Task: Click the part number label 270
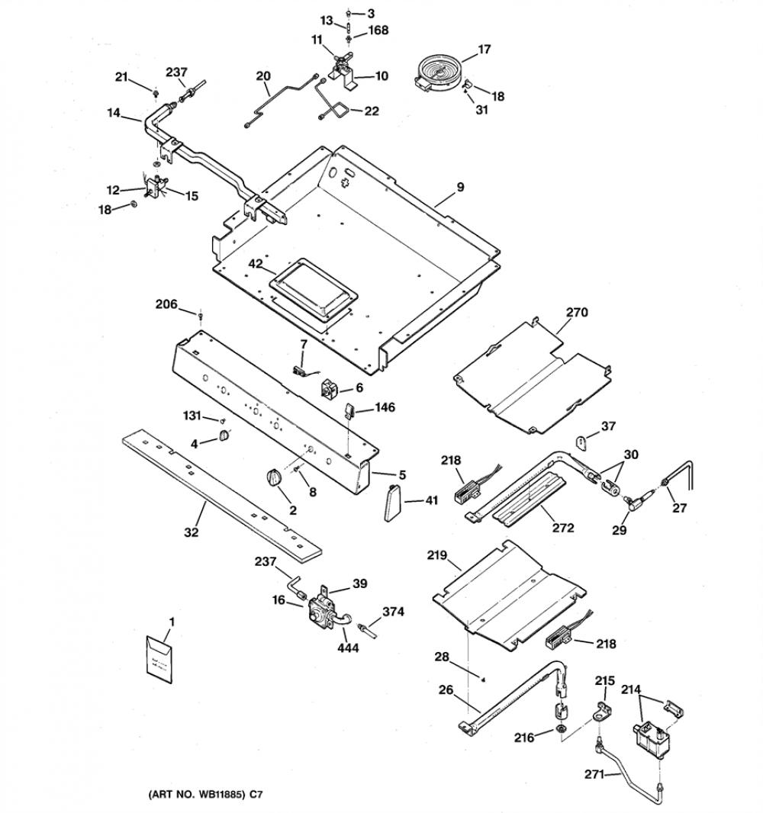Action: click(577, 312)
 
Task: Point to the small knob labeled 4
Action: click(224, 436)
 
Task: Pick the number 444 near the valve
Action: click(347, 648)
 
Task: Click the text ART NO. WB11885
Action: click(203, 794)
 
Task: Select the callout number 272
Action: click(563, 528)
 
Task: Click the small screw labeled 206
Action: click(201, 314)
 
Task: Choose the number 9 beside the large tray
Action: click(461, 188)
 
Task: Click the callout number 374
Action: click(393, 612)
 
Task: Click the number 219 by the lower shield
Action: click(436, 555)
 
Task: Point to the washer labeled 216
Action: click(561, 730)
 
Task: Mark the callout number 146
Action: click(385, 407)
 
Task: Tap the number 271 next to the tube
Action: click(594, 774)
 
